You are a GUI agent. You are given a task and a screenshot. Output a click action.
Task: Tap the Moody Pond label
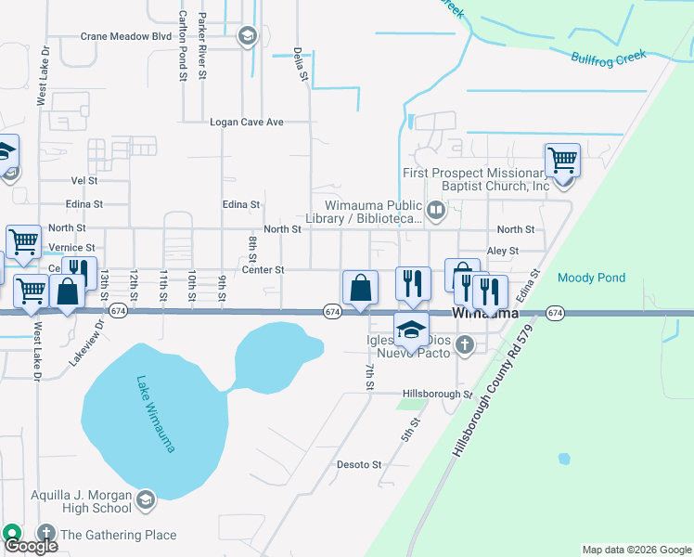click(591, 278)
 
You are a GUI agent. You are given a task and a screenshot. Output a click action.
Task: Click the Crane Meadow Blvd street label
click(126, 36)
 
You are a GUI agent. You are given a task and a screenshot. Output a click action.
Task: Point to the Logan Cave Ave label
click(246, 122)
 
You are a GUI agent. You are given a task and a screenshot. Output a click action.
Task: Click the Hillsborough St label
click(438, 394)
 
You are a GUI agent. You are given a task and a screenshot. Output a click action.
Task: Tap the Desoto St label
click(359, 464)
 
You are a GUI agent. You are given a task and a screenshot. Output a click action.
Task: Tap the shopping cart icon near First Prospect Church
click(562, 161)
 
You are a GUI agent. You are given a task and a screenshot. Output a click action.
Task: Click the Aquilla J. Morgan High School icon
click(145, 501)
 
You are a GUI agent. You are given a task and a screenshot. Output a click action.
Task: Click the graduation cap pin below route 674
click(411, 328)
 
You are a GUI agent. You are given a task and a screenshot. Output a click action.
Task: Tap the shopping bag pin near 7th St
click(360, 288)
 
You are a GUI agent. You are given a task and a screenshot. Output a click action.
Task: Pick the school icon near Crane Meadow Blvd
click(247, 37)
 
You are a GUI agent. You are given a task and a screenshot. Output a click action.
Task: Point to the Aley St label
click(503, 251)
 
